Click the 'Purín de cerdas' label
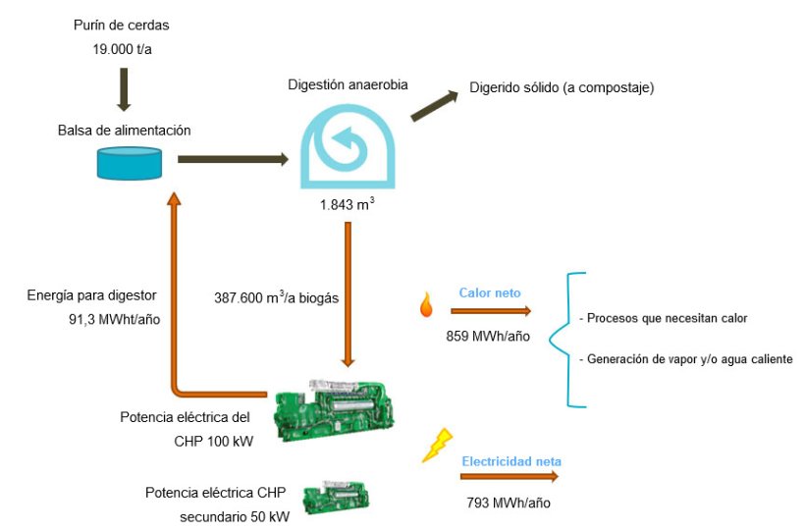116,24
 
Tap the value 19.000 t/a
116,45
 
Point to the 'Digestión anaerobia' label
348,85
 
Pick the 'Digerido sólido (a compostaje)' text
562,88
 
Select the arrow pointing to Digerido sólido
435,105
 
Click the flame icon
425,307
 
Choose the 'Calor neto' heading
490,292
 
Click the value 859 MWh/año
489,335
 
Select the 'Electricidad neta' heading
511,459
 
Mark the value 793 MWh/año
508,502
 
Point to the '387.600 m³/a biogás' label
277,297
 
